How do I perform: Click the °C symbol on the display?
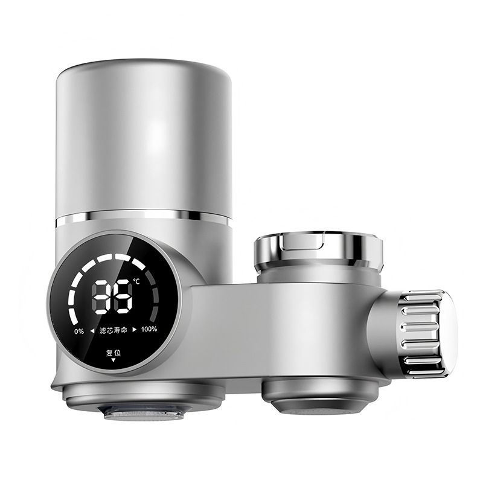click(136, 282)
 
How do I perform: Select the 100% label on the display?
click(149, 329)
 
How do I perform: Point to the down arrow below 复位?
click(113, 360)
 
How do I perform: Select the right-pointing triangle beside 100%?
click(135, 329)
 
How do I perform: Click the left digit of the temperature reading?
click(101, 297)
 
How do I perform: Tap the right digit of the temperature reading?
click(123, 297)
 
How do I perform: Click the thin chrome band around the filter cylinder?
click(143, 217)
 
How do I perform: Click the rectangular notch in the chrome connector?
click(308, 241)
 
